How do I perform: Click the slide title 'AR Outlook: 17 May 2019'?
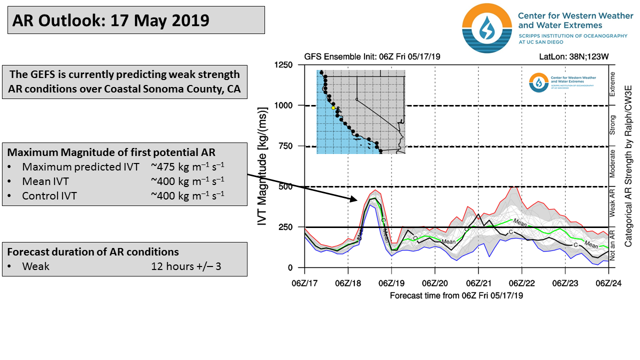point(111,20)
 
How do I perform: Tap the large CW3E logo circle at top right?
point(487,28)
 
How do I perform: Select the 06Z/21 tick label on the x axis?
point(478,283)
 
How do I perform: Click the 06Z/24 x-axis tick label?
point(608,283)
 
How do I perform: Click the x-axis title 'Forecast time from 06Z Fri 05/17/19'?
point(456,295)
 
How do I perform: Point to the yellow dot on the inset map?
point(333,107)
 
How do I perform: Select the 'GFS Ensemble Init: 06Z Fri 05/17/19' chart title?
point(372,56)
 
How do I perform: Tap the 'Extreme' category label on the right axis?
point(612,84)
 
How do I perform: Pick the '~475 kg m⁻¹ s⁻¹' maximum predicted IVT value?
point(187,166)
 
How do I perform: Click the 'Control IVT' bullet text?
point(49,196)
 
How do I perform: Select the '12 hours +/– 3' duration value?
point(186,266)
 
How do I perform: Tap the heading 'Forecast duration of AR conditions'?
point(93,251)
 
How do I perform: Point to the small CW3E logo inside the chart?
point(539,82)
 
